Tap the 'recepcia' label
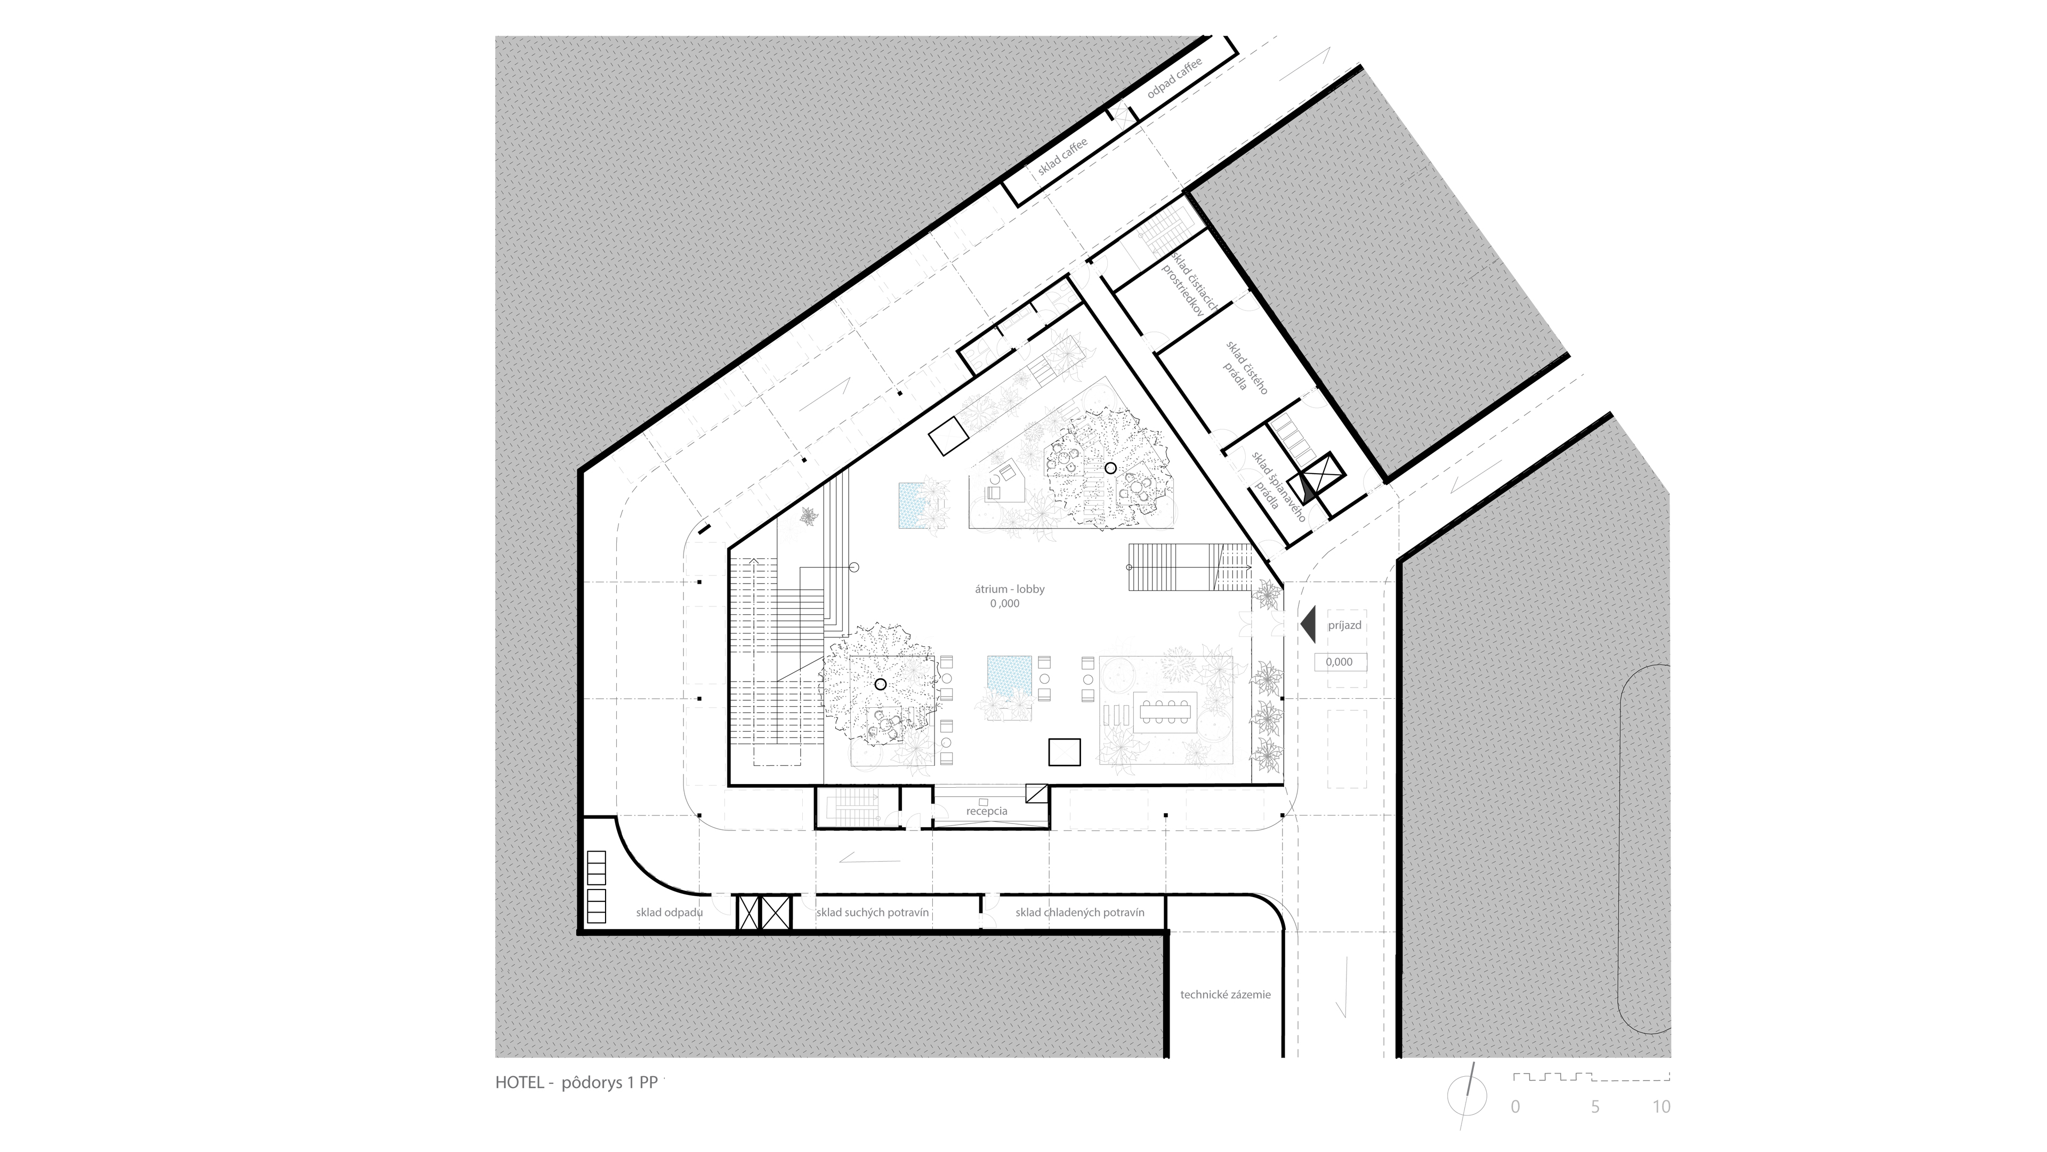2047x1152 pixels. tap(986, 811)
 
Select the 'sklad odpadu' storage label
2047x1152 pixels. tap(669, 912)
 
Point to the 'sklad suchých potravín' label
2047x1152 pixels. tap(873, 912)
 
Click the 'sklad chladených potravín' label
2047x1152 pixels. tap(1080, 912)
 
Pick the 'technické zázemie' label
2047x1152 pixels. tap(1226, 995)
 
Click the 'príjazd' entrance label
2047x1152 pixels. tap(1344, 626)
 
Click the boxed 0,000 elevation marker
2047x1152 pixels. tap(1340, 661)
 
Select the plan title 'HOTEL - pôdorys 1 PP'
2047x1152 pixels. tap(576, 1082)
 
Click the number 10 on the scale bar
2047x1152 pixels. tap(1662, 1107)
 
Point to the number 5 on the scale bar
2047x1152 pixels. tap(1595, 1107)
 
